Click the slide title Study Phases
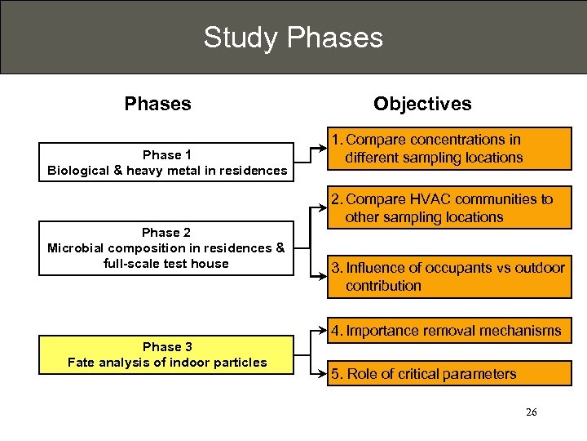293,38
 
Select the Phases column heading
157,104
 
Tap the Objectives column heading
421,104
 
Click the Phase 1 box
167,162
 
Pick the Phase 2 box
167,248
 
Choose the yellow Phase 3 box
167,354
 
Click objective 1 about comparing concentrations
450,149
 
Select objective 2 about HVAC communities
450,208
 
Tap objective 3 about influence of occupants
450,277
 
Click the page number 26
531,412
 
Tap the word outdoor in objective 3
539,268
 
